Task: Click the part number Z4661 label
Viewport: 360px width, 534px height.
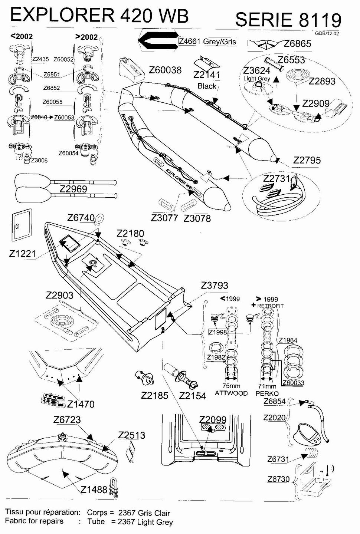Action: [x=190, y=41]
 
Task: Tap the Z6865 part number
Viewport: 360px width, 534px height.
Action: [x=297, y=44]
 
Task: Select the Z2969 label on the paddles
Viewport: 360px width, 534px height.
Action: [x=73, y=189]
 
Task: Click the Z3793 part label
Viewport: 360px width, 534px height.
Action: [x=215, y=286]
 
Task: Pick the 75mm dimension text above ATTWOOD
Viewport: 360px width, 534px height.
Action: [x=231, y=386]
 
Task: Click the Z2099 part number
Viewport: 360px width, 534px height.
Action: [x=213, y=419]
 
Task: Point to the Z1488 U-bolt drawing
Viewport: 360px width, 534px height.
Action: [x=114, y=489]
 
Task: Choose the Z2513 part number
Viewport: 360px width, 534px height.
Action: [x=131, y=435]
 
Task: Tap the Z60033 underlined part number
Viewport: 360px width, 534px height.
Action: [x=293, y=383]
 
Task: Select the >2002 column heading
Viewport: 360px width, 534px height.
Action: [x=86, y=37]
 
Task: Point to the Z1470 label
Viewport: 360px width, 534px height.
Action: [x=81, y=404]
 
